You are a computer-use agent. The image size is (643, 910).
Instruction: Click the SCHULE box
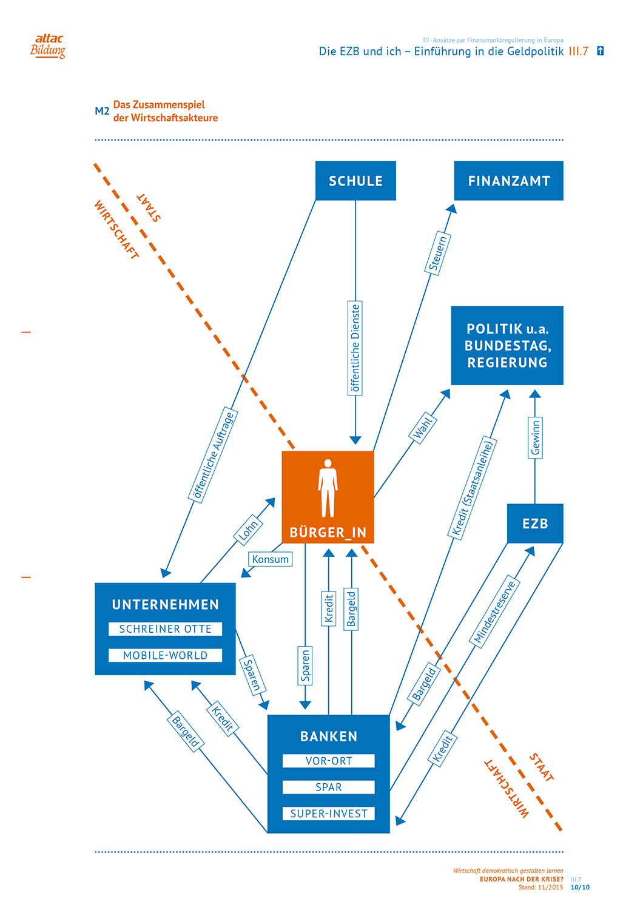point(355,181)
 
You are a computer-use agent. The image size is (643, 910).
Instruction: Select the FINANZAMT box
point(508,181)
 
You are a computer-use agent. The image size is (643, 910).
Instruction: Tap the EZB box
point(535,524)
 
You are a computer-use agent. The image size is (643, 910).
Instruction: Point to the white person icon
point(328,488)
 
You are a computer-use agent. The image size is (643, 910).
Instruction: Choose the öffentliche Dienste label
point(355,348)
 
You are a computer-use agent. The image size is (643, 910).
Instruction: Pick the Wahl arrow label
point(423,428)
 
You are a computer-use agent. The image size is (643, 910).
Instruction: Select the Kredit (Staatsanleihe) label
point(473,488)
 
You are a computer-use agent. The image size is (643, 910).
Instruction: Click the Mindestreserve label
point(494,612)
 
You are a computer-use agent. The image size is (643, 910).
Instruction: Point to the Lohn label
point(248,530)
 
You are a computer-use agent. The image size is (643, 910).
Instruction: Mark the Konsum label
point(270,559)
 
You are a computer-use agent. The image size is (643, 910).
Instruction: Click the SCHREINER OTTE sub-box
point(165,629)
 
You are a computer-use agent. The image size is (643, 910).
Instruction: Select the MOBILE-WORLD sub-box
point(165,655)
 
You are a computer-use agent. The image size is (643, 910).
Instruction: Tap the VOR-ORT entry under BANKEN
point(328,761)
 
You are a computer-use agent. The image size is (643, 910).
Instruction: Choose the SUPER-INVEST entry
point(328,814)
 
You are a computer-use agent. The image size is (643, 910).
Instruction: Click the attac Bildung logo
point(48,46)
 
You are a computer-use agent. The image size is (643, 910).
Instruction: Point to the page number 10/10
point(580,887)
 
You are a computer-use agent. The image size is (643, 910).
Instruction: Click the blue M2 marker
point(102,111)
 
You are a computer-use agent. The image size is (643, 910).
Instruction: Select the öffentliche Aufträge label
point(214,456)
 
